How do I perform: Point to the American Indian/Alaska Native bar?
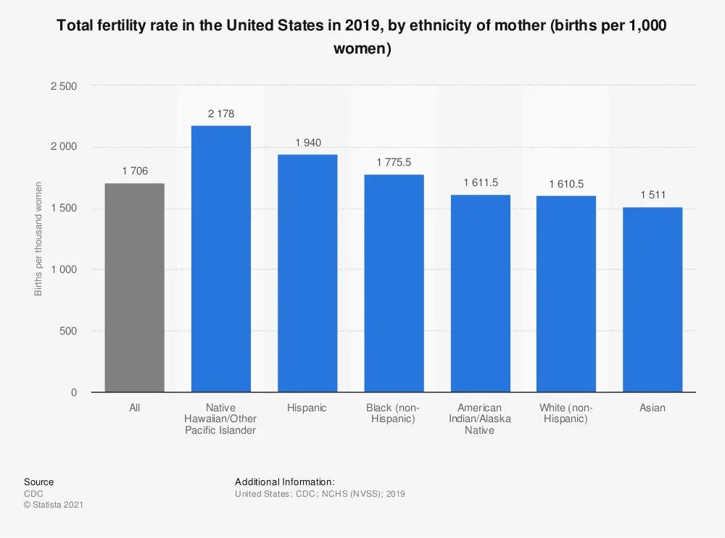coord(480,293)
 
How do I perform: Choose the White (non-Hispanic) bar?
coord(566,294)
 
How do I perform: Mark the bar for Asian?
coord(652,300)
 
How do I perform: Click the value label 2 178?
coord(220,114)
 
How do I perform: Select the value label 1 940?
coord(307,143)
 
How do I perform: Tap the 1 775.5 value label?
coord(394,163)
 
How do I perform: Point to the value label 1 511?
coord(652,196)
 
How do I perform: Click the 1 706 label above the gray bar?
coord(134,172)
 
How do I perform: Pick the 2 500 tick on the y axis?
coord(63,86)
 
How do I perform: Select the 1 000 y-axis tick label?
coord(63,269)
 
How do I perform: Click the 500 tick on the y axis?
coord(68,331)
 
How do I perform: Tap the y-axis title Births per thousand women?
coord(39,239)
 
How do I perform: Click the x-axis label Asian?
coord(652,408)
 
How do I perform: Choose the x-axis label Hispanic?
coord(307,408)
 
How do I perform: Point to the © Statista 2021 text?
coord(53,505)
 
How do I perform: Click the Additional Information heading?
coord(284,482)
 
